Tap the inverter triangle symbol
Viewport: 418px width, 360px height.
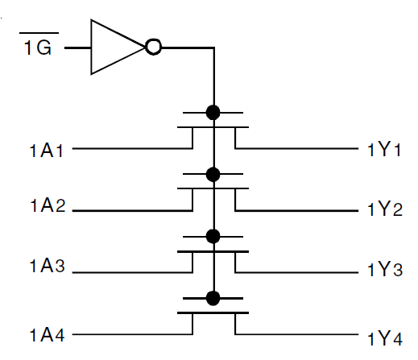(116, 48)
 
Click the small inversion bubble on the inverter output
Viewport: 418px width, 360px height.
(153, 48)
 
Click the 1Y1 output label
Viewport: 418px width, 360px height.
(384, 150)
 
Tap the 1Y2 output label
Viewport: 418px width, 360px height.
(384, 211)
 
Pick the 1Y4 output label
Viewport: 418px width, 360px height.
(384, 336)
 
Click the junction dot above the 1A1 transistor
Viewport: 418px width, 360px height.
(213, 112)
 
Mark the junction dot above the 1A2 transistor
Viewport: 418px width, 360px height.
(213, 173)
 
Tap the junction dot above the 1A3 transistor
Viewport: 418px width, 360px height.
(213, 235)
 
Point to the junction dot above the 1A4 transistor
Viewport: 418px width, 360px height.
(213, 298)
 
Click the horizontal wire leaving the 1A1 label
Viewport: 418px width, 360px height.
(129, 149)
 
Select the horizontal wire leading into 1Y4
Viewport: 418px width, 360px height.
(298, 333)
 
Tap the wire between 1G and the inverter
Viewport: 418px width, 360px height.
(77, 48)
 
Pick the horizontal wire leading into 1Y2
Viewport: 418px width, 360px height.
(298, 210)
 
